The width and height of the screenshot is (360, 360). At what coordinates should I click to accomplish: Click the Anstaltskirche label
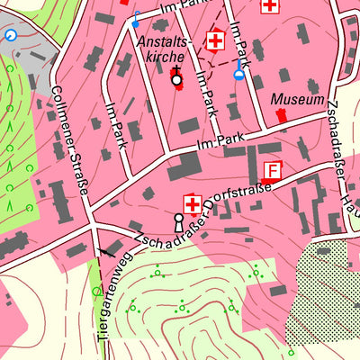165,49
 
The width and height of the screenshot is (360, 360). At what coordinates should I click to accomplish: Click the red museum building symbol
282,114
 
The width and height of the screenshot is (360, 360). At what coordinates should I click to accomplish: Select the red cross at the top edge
268,5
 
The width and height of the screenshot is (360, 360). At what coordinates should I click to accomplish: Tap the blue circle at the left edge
11,35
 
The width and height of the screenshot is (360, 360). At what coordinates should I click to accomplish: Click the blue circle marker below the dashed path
238,75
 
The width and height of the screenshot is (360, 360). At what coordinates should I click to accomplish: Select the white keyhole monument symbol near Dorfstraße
178,222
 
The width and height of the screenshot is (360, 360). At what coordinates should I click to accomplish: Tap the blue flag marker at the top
136,16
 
